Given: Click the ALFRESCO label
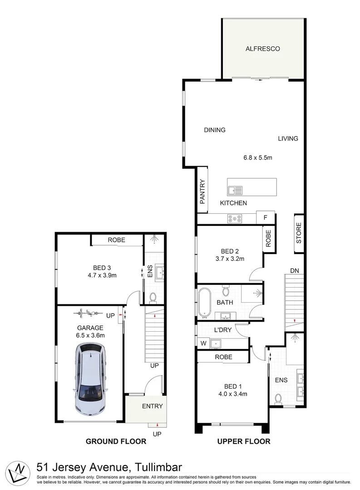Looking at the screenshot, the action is coord(262,49).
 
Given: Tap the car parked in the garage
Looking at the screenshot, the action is coord(91,379).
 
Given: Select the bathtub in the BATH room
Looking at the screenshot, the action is coord(204,303).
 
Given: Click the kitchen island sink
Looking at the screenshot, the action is coord(235,190).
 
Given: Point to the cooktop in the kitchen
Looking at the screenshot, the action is coord(235,219).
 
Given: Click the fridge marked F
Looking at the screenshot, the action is coord(265,217).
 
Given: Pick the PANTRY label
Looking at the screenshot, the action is coord(202,191).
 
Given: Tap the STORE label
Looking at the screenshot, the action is coord(299,233).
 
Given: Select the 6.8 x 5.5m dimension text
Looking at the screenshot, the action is coord(258,158).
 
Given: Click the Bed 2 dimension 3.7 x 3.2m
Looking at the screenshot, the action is coord(230,259).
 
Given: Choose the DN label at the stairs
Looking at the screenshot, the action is coord(294,270).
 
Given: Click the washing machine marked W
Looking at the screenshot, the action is coord(203,343).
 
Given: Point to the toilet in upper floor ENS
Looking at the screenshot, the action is coord(278,399).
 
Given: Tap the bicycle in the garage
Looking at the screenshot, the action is coord(88,313).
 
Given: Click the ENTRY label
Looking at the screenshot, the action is coord(153,406).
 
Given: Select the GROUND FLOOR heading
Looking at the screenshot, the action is coord(116,441).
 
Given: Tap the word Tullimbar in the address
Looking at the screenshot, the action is coord(158,467).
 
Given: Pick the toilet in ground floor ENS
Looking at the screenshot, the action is coord(153,297).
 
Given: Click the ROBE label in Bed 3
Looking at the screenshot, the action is coord(116,240).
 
